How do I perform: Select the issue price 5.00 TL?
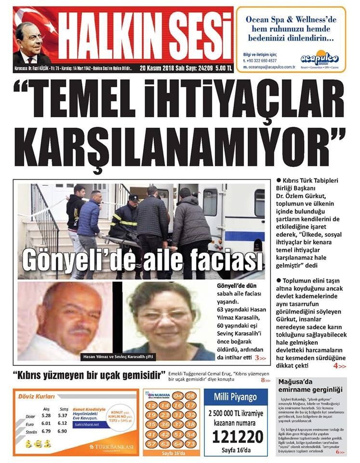pyautogui.click(x=223, y=68)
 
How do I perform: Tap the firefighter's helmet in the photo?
pyautogui.click(x=133, y=198)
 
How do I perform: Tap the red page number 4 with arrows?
pyautogui.click(x=339, y=366)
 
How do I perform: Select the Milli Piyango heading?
pyautogui.click(x=237, y=397)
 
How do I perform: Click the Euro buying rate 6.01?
pyautogui.click(x=46, y=423)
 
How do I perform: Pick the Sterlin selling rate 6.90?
pyautogui.click(x=63, y=431)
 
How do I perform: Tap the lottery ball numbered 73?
pyautogui.click(x=190, y=443)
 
